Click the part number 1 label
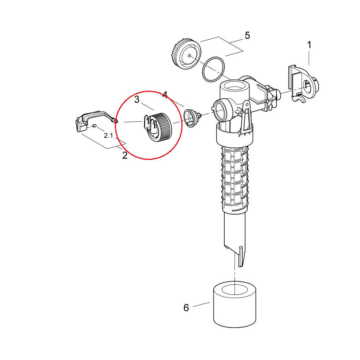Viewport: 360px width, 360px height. [309, 45]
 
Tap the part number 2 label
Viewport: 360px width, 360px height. [125, 156]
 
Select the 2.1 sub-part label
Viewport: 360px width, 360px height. [108, 135]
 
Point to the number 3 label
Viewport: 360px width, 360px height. [137, 99]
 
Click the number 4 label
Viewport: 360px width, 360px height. [165, 95]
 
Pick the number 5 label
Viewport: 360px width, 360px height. [247, 36]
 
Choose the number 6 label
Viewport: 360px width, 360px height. [186, 308]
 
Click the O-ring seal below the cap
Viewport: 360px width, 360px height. [213, 69]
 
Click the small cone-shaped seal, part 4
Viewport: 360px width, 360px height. [192, 118]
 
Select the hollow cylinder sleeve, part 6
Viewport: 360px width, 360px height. [235, 305]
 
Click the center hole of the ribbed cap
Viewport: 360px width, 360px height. [189, 55]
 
